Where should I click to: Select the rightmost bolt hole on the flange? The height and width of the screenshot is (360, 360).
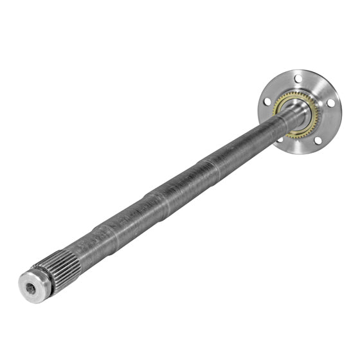coord(330,103)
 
